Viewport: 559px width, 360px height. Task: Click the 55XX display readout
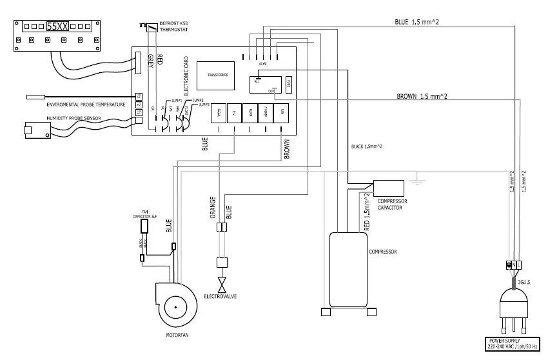[x=55, y=27]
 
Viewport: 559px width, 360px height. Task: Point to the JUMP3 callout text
[x=205, y=105]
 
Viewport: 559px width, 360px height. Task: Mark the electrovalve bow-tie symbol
[x=224, y=285]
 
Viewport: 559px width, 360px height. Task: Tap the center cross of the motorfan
[x=175, y=308]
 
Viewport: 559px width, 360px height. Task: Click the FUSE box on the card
[x=289, y=83]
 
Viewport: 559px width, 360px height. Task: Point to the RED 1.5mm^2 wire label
[x=367, y=212]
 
